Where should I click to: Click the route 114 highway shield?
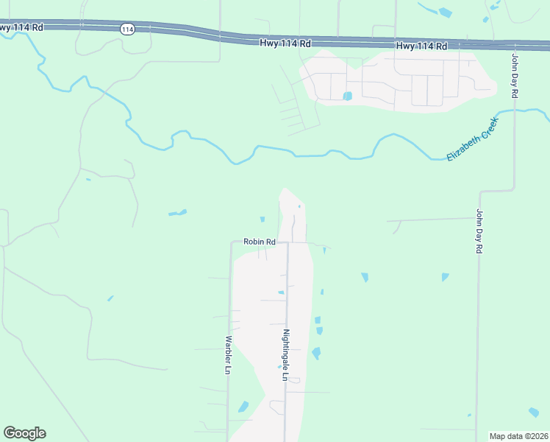point(127,29)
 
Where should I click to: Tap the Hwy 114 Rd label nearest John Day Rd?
point(421,46)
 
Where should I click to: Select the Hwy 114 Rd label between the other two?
point(285,43)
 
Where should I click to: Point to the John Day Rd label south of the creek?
point(478,232)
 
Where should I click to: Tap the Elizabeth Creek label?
point(473,138)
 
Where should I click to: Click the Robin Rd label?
point(260,242)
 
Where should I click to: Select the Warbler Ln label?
point(228,355)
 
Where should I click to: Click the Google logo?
point(24,433)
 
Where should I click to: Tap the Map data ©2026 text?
point(518,435)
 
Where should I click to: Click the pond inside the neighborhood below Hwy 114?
point(347,96)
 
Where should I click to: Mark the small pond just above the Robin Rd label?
point(262,219)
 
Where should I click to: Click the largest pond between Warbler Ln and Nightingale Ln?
point(243,407)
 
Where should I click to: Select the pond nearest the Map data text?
point(534,413)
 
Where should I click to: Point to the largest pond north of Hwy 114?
point(445,12)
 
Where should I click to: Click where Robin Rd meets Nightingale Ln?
point(287,242)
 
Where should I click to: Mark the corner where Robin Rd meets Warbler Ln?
point(231,242)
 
